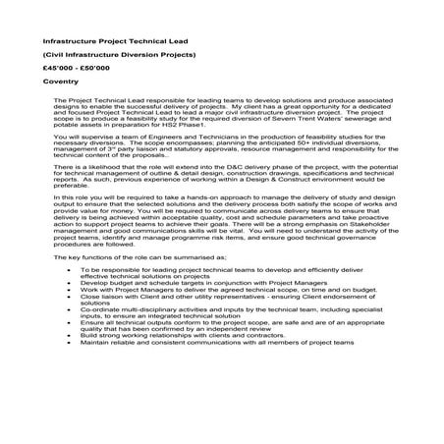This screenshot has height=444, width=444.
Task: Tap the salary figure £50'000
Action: [101, 78]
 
